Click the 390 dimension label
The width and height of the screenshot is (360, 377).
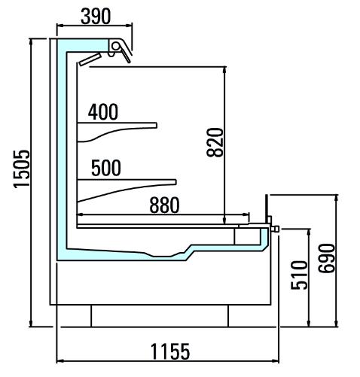[96, 17]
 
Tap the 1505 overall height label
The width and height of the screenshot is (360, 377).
[22, 169]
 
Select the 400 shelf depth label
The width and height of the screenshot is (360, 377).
[103, 112]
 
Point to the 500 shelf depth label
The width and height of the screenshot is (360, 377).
[106, 168]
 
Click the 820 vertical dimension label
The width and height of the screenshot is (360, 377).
[215, 142]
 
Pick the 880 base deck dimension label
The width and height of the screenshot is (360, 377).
[164, 205]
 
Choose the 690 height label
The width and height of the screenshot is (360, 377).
[327, 258]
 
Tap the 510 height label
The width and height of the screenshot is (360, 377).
[299, 275]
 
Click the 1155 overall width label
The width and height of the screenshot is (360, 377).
[170, 351]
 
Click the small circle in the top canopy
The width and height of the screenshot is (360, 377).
[116, 46]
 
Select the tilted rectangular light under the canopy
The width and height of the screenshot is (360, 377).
[90, 59]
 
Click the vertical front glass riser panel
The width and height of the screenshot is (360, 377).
[267, 208]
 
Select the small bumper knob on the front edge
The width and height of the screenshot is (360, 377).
[275, 229]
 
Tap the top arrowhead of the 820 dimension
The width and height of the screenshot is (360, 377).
[224, 70]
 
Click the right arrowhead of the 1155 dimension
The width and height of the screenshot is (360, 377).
[276, 361]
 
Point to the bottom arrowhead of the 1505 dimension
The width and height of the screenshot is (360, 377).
[31, 324]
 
